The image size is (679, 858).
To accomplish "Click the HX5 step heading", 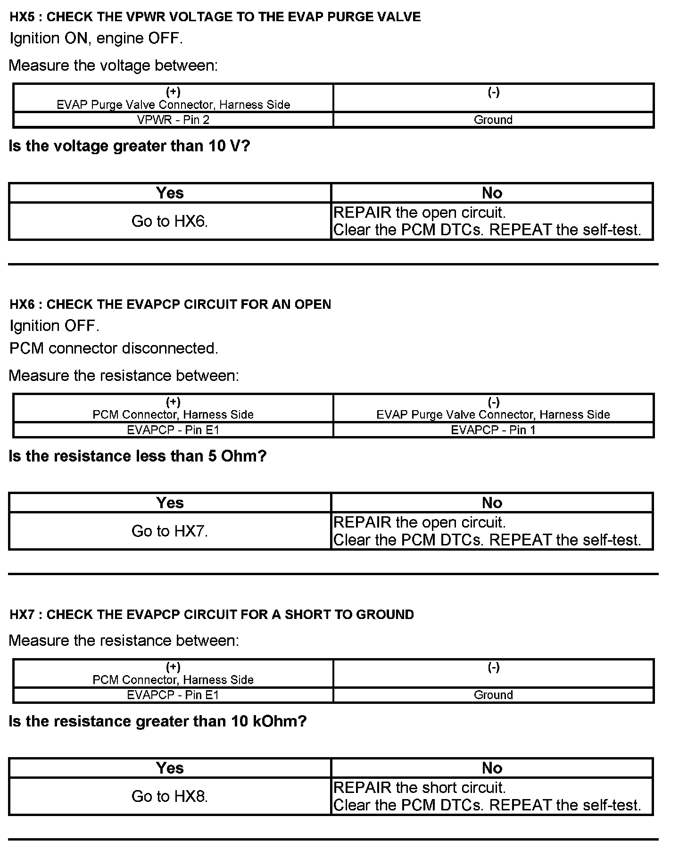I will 215,17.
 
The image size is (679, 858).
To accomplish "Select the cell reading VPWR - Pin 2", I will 173,120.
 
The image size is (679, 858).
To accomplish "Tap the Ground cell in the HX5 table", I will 493,120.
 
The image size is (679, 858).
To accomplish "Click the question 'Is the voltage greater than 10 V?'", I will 129,146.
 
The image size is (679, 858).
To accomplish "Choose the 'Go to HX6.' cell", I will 170,221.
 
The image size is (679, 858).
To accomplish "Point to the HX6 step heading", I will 170,305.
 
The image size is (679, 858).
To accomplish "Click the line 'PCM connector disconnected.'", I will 114,348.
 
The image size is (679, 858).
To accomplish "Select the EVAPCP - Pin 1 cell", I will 493,430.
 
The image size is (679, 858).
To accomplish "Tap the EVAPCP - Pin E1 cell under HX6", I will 173,430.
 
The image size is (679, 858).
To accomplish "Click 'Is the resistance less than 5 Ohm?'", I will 138,456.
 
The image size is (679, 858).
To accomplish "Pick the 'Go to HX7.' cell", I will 170,531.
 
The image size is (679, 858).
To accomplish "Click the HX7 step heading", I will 212,615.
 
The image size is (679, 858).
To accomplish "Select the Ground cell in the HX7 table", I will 493,695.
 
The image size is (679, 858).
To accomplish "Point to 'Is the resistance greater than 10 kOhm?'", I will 157,721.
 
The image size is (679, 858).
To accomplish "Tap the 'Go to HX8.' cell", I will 170,796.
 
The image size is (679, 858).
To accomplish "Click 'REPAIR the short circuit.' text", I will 419,788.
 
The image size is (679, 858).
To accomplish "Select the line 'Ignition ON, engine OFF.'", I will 96,39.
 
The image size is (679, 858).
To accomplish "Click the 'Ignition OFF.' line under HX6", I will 55,326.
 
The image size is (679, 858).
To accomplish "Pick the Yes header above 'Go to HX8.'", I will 170,768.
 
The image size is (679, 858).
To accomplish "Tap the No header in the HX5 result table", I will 492,193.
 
